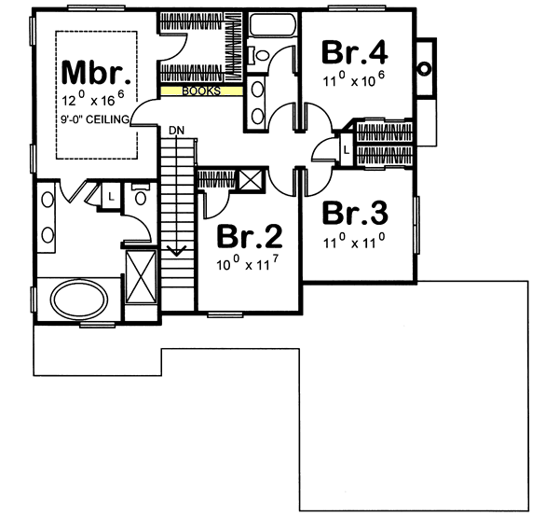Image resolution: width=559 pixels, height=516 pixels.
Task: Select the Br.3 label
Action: point(354,213)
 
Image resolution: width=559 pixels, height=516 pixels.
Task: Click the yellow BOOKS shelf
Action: point(202,91)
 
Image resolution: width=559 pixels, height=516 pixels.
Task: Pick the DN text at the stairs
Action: point(177,130)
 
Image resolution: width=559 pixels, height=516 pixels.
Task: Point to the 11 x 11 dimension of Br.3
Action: point(355,241)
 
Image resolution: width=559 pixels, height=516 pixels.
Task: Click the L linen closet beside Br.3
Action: point(345,148)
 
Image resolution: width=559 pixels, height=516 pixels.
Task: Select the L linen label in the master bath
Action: point(110,197)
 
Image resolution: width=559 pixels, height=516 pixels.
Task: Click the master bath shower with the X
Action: point(141,277)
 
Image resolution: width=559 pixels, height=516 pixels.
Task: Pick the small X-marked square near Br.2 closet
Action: point(250,181)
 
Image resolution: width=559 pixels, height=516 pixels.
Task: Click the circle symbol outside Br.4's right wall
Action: point(425,67)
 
